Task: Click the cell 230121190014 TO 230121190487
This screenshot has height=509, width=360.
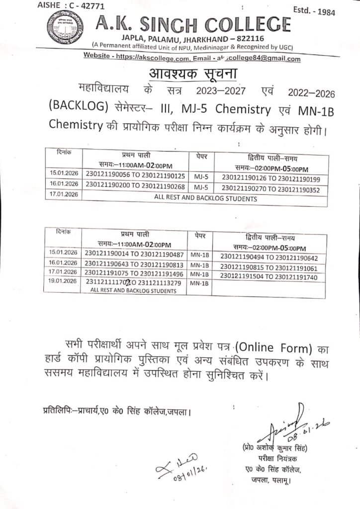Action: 135,254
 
